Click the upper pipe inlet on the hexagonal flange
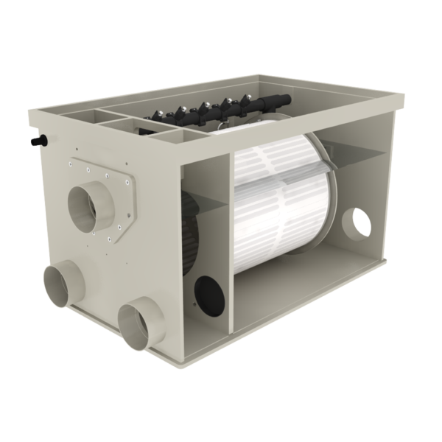(x=93, y=205)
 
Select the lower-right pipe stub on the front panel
(x=138, y=319)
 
